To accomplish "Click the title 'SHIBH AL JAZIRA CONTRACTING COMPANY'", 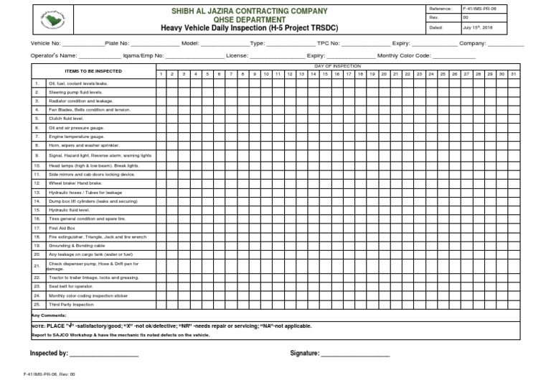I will point(249,11).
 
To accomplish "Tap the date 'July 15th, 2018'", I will point(478,27).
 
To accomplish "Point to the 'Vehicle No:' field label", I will point(45,43).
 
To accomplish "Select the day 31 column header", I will point(512,74).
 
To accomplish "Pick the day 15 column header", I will point(324,74).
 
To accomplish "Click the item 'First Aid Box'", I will point(62,227).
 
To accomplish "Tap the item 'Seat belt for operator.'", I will point(71,286).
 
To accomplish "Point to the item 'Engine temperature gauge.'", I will point(76,136).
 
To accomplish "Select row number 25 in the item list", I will point(37,305).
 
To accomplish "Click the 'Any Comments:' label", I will point(49,315).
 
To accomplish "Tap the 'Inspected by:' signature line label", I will point(49,354).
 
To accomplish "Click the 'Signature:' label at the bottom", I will point(304,354).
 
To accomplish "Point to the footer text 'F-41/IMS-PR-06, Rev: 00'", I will point(49,374).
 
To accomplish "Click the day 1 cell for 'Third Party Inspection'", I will point(162,305).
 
